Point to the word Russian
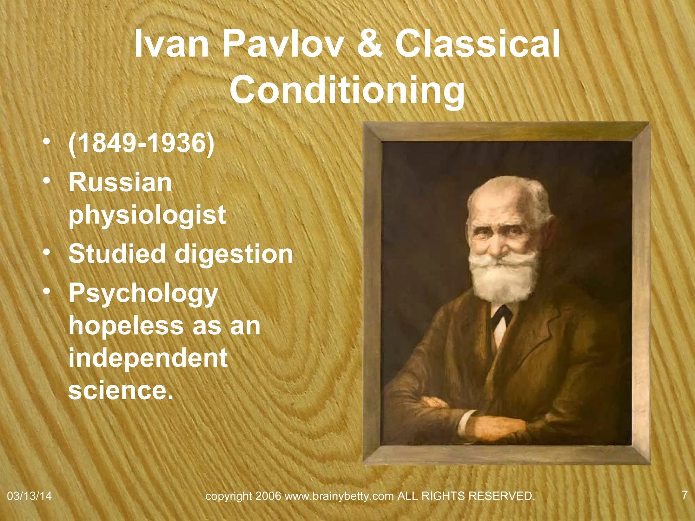point(120,182)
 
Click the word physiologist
point(147,215)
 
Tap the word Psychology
point(143,293)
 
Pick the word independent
point(148,358)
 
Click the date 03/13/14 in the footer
point(29,496)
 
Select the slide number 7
point(684,495)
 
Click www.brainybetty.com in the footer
point(339,496)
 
